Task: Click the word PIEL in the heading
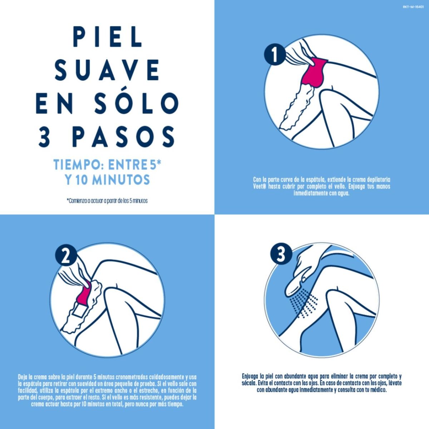pos(107,36)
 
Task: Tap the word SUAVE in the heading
pos(107,70)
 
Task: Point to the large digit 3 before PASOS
pos(44,136)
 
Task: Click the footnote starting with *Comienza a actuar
pos(107,201)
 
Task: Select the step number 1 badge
pos(274,55)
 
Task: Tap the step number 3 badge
pos(280,255)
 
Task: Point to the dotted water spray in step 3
pos(304,304)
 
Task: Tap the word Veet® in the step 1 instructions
pos(260,187)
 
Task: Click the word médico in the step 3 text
pos(378,390)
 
